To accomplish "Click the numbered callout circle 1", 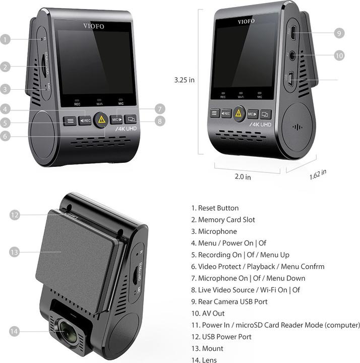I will click(x=6, y=39).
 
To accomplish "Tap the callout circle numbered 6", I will click(x=6, y=136).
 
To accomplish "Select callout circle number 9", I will click(x=339, y=33).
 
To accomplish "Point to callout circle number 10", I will click(x=339, y=55).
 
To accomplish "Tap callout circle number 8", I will click(x=159, y=121).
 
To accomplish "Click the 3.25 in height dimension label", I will click(x=184, y=80).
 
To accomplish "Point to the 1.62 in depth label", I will click(x=318, y=174).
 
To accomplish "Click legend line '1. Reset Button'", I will click(x=215, y=208).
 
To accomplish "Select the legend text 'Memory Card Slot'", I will click(x=226, y=220).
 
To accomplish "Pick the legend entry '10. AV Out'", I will click(x=208, y=313).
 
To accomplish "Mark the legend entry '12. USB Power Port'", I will click(x=221, y=336).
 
